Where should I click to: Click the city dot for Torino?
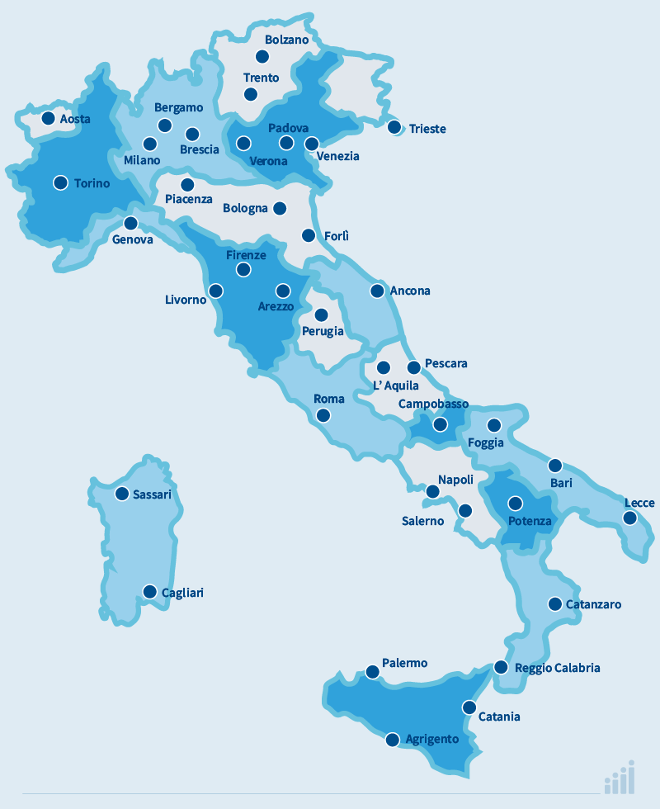tap(60, 182)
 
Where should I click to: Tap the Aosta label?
tap(75, 120)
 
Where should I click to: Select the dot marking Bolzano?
tap(262, 56)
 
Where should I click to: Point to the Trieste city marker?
tap(394, 127)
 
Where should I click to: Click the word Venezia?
tap(337, 156)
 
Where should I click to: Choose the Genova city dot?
tap(130, 223)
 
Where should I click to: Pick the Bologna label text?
tap(245, 209)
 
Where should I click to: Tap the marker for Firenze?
tap(243, 269)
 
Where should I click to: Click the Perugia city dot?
tap(321, 315)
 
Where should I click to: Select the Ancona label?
tap(410, 291)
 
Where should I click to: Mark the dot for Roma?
tap(323, 415)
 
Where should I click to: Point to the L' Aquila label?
tap(396, 386)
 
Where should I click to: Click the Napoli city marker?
tap(432, 492)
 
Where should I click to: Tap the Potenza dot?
tap(516, 503)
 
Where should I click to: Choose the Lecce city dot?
tap(630, 518)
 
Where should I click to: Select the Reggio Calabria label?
tap(557, 668)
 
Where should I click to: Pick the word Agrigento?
tap(432, 740)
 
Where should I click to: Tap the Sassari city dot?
tap(122, 494)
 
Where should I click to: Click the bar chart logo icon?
tap(620, 778)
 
